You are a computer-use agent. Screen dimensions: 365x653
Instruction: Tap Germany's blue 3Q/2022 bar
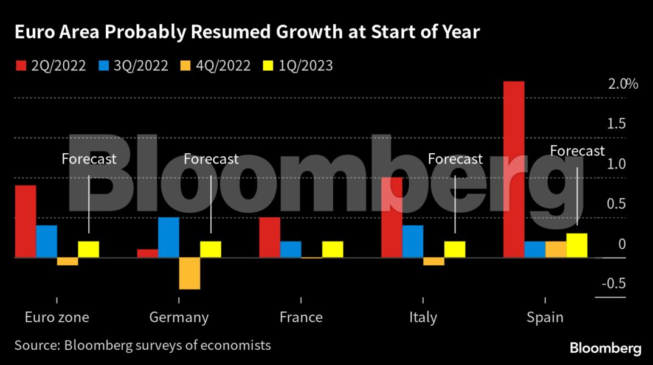pos(168,237)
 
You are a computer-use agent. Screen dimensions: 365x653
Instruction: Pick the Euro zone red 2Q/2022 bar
pos(26,221)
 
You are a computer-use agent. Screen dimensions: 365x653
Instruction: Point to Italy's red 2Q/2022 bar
pos(392,217)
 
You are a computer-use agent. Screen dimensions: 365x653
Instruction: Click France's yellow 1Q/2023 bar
pos(333,249)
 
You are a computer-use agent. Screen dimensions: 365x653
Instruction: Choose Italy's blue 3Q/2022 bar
pos(413,242)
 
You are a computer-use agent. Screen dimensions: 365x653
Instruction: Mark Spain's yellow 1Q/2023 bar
pos(577,245)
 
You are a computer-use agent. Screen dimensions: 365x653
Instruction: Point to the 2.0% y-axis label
pos(623,84)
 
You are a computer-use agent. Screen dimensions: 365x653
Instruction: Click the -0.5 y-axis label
pos(613,283)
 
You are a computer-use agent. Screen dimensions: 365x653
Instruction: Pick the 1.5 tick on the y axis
pos(617,124)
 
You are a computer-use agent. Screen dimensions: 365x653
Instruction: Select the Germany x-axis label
pos(179,318)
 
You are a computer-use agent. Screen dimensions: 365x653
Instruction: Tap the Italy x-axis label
pos(423,318)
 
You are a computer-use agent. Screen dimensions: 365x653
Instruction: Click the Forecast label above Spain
pos(577,151)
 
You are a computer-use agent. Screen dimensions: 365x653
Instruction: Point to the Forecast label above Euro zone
pos(89,159)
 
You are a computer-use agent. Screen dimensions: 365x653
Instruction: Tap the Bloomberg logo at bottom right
pos(605,349)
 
